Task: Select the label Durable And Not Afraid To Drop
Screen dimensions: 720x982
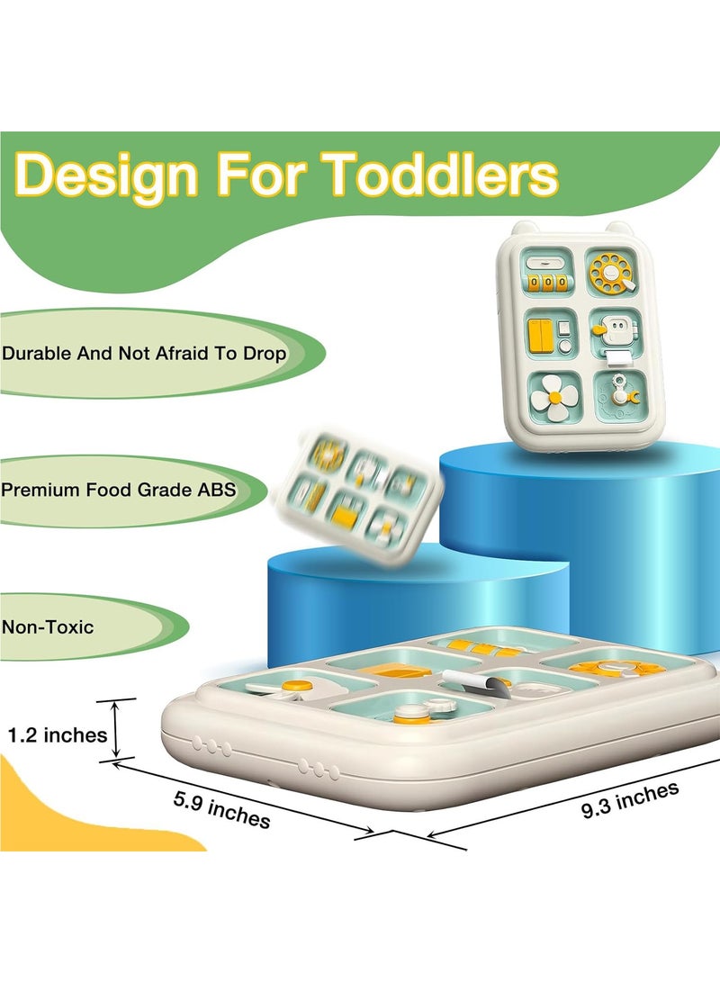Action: pos(144,354)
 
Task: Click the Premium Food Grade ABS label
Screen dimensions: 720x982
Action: pos(118,490)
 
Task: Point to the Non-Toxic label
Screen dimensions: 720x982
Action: pos(48,626)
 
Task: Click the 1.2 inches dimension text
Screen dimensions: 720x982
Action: pos(57,734)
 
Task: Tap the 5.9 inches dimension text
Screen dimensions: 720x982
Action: pos(222,809)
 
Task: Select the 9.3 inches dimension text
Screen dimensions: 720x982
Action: pos(631,800)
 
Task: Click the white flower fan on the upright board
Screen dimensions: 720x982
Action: pos(554,397)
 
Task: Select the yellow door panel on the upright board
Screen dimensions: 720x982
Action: pos(541,335)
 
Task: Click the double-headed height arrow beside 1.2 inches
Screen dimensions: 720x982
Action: pos(116,730)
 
